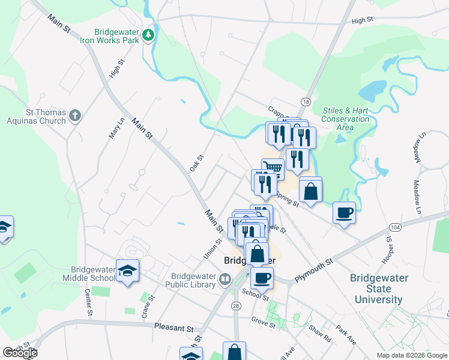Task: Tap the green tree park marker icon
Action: click(148, 37)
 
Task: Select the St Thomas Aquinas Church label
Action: click(37, 116)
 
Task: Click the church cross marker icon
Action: click(74, 115)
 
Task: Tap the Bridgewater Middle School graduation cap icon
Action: click(127, 271)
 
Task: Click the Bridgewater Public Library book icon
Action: click(224, 278)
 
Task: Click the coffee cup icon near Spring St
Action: click(344, 213)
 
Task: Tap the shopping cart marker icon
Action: click(273, 167)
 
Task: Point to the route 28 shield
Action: click(237, 306)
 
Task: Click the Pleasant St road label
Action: click(173, 329)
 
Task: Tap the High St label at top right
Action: click(363, 20)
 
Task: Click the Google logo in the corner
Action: click(19, 352)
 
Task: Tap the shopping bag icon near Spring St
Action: click(311, 191)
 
